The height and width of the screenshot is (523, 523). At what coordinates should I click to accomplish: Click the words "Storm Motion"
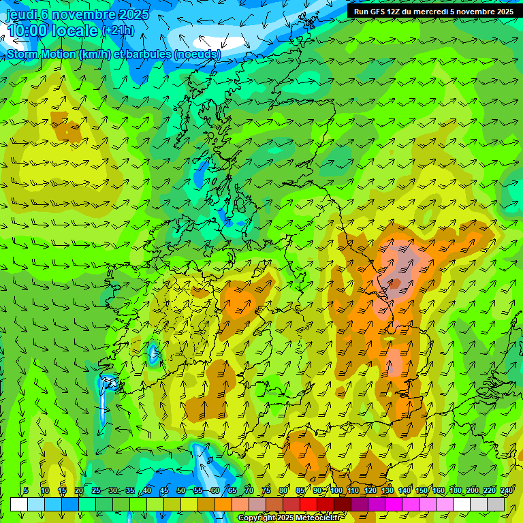tap(42, 54)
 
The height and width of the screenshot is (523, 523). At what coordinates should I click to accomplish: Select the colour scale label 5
tap(26, 490)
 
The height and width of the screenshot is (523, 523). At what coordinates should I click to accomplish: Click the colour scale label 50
tap(181, 490)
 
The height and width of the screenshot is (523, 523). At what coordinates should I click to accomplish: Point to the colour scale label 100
tap(336, 490)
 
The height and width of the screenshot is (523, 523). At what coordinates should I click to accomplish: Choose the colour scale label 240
tap(506, 490)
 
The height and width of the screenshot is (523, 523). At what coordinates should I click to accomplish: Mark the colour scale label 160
tap(439, 490)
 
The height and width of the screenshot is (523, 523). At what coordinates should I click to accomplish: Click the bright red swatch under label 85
tap(308, 504)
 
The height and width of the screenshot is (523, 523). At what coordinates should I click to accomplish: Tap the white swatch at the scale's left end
tap(19, 504)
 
